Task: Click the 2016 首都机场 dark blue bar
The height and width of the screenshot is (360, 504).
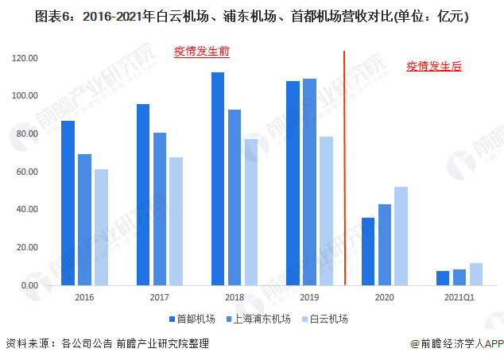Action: click(68, 203)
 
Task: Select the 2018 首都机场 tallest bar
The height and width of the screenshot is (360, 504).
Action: click(218, 179)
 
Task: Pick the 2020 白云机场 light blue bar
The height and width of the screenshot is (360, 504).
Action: click(401, 236)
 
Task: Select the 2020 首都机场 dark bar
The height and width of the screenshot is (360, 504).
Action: click(368, 251)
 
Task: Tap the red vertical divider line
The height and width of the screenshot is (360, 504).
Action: click(344, 167)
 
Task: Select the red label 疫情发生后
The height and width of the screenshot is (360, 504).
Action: click(433, 67)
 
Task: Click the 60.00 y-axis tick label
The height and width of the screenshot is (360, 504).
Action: click(28, 172)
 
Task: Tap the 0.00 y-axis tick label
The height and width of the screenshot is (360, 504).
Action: click(30, 285)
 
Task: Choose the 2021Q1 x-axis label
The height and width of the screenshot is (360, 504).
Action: click(459, 296)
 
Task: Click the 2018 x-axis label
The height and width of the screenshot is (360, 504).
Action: click(234, 296)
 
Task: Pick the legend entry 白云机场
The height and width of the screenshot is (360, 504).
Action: click(326, 319)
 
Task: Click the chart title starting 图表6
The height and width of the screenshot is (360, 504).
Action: click(251, 14)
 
